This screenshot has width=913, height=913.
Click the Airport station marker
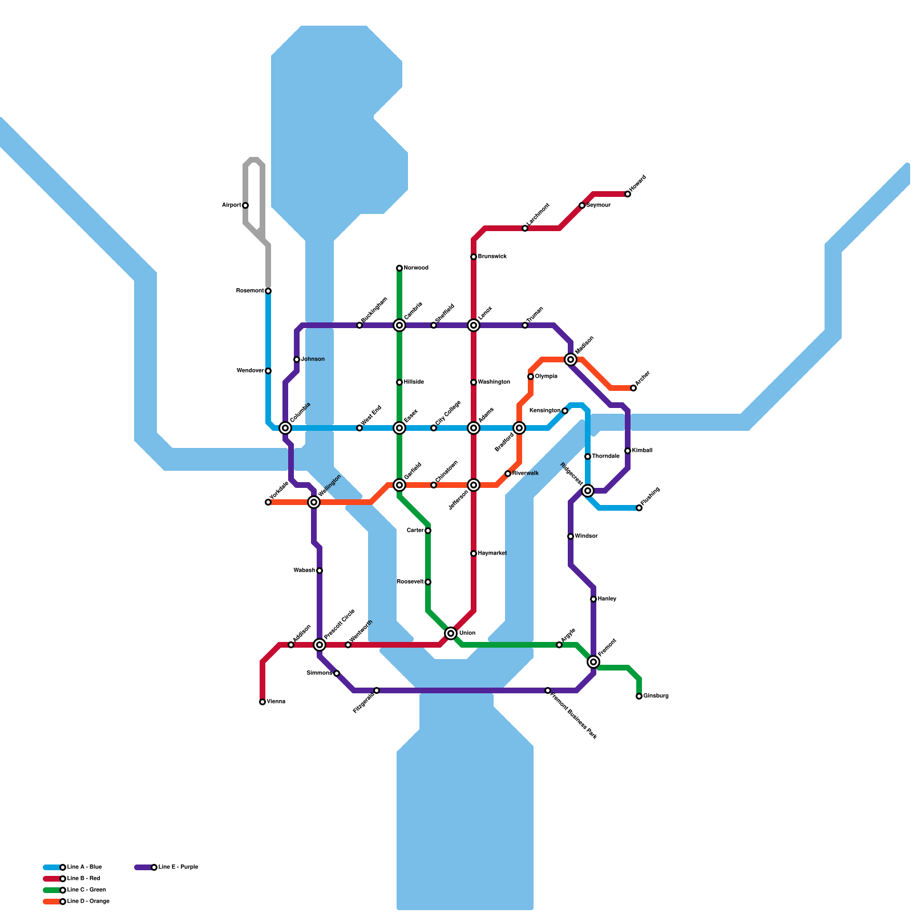click(245, 205)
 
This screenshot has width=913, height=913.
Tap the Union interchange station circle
click(451, 633)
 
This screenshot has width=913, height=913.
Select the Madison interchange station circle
click(571, 359)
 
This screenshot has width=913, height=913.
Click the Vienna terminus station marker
click(262, 702)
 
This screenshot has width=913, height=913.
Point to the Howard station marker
click(628, 194)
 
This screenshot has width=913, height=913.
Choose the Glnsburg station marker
click(639, 696)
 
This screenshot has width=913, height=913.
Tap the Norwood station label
click(416, 268)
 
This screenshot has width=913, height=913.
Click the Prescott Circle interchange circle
click(320, 645)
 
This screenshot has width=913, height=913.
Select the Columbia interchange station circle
click(285, 428)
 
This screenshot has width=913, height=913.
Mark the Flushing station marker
click(639, 508)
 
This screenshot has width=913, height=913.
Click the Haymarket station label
click(492, 554)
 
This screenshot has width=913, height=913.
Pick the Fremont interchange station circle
click(593, 662)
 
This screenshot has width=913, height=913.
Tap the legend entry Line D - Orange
click(88, 902)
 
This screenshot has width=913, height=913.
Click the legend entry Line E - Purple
click(178, 867)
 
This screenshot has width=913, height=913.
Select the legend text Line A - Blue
click(84, 867)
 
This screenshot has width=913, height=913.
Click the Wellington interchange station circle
click(314, 502)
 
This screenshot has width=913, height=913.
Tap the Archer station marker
click(633, 388)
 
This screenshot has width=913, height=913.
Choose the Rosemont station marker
click(268, 291)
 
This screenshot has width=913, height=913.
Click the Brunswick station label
click(492, 257)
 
